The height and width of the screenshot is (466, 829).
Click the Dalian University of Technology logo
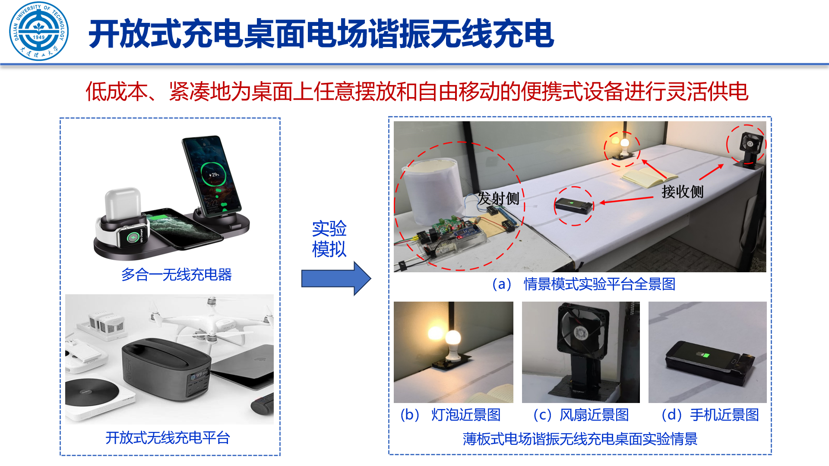39,31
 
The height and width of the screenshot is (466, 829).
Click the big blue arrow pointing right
336,278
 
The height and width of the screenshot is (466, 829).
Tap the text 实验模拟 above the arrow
329,239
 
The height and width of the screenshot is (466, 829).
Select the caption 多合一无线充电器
176,274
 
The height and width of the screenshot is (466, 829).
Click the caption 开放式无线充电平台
168,438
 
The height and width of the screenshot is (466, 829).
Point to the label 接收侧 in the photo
682,191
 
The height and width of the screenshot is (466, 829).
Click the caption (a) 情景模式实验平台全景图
583,284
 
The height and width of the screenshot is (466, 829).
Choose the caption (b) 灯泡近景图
450,415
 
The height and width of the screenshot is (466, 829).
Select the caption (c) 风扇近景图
581,415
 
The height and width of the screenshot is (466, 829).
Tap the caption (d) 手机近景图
710,415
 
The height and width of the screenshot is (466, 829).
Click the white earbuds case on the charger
123,204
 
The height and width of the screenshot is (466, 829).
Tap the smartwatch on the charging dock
133,236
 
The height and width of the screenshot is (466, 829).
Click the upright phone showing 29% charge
211,174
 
